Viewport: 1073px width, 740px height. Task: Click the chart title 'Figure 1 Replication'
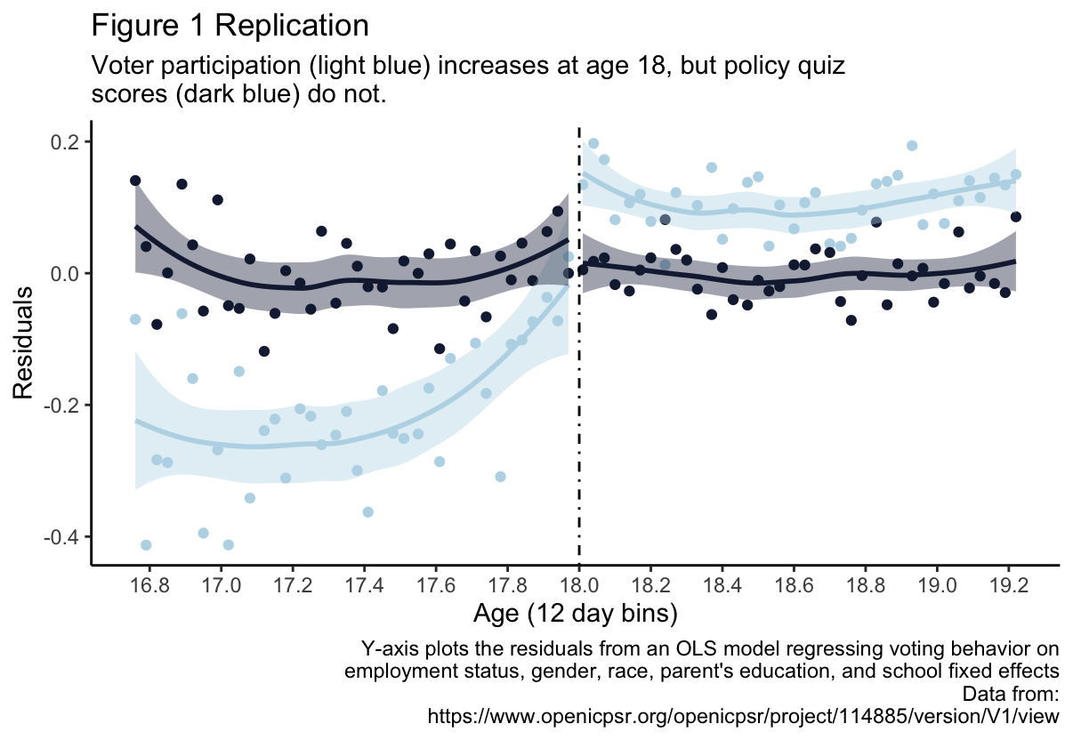point(230,26)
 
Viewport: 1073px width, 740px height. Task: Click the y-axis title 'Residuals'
point(23,342)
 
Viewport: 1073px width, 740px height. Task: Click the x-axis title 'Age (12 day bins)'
point(576,613)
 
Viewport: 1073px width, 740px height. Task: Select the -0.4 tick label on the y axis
point(66,537)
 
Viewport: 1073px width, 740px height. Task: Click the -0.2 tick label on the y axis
point(66,406)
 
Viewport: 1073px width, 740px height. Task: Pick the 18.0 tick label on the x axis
point(579,586)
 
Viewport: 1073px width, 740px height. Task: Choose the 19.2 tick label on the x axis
point(1008,586)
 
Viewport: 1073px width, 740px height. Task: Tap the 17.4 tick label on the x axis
point(365,586)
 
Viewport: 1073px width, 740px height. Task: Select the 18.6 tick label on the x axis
point(794,586)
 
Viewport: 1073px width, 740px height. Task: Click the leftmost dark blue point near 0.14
point(135,181)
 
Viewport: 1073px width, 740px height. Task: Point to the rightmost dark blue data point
point(1015,217)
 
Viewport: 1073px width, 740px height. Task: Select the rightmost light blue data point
point(1015,174)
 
